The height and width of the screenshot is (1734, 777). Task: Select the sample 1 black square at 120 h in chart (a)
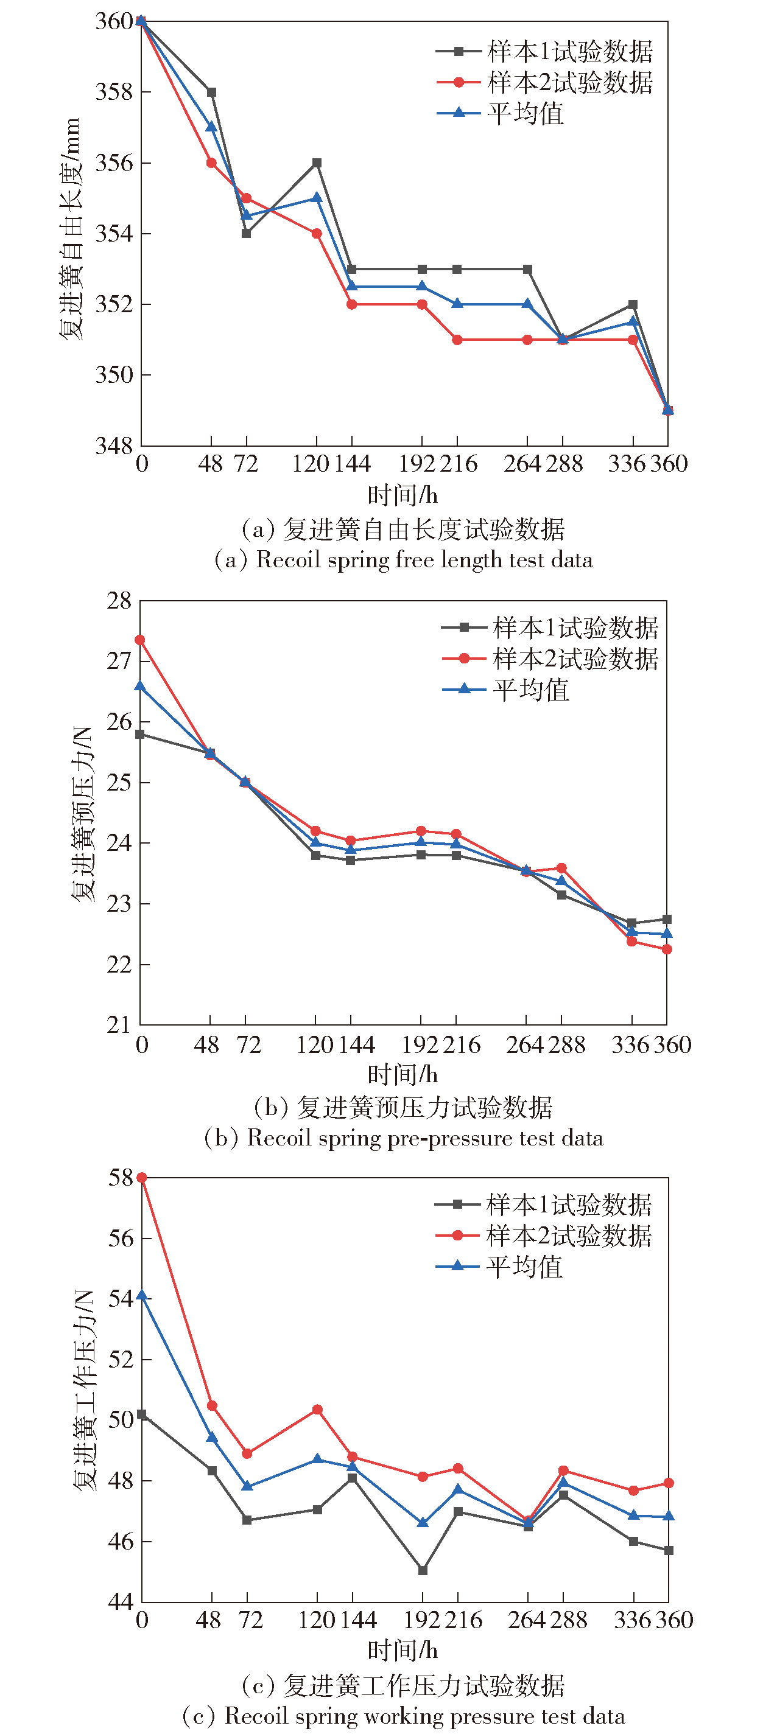pos(317,163)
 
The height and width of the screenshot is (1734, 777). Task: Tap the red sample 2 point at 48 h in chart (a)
pos(211,163)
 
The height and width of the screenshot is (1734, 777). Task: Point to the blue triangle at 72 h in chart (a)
pos(247,215)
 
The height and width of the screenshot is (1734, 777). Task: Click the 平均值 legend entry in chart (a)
pos(501,113)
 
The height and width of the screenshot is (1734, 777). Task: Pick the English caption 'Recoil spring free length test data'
pos(424,560)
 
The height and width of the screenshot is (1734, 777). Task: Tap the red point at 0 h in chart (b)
pos(140,640)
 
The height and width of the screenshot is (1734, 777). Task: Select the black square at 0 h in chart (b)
pos(140,735)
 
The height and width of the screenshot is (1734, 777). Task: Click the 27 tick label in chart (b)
pos(119,661)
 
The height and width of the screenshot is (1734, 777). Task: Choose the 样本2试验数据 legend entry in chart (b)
pos(550,659)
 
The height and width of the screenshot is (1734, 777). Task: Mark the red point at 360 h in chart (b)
pos(667,949)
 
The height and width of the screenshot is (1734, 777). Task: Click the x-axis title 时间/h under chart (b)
pos(403,1074)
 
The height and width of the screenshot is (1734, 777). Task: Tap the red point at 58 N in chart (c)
pos(141,1177)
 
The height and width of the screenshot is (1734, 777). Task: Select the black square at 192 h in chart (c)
pos(423,1570)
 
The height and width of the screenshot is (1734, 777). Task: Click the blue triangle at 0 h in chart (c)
pos(141,1295)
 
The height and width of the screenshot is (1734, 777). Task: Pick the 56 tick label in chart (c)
pos(121,1238)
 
